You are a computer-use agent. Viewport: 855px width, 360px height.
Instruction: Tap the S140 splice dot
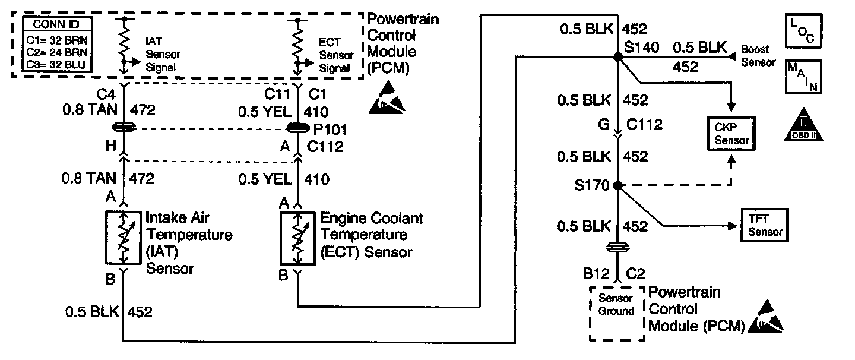(617, 56)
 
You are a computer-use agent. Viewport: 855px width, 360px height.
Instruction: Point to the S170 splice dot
(617, 185)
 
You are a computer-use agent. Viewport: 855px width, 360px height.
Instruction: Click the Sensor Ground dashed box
(617, 314)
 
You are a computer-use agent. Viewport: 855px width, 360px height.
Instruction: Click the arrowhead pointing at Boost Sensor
(733, 56)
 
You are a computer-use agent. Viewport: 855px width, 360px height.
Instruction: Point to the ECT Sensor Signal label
(335, 55)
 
